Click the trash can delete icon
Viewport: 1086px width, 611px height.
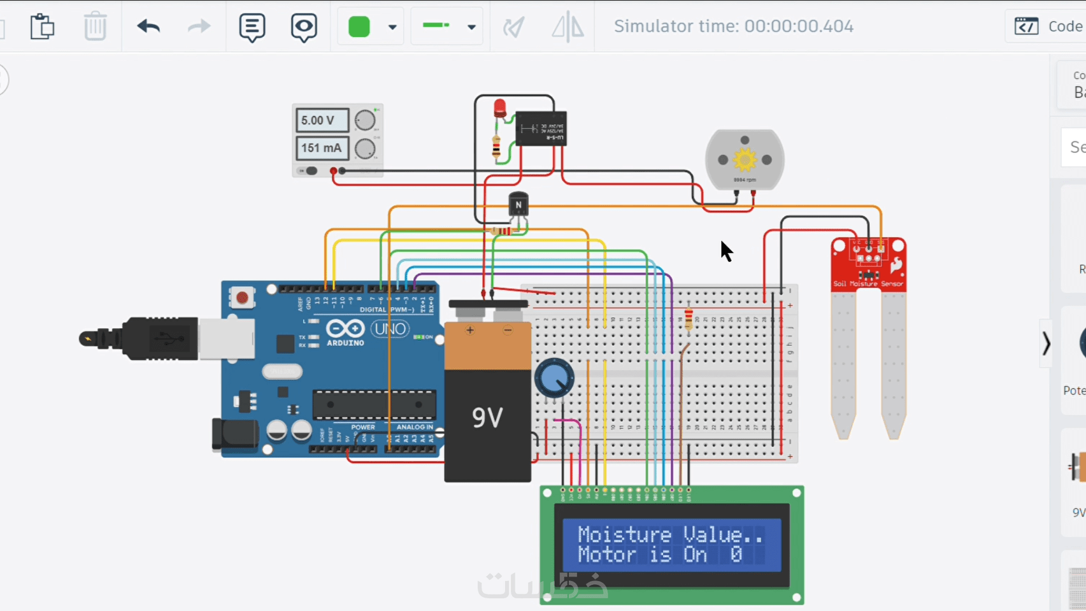(95, 26)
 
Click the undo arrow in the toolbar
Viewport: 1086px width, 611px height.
(148, 26)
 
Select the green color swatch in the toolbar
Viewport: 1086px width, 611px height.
(359, 27)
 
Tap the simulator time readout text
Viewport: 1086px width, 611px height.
(733, 26)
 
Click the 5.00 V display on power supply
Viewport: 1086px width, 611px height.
(322, 120)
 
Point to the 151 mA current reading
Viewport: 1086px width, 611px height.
(322, 148)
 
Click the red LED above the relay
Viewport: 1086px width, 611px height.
(500, 108)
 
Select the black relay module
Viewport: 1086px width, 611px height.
(541, 129)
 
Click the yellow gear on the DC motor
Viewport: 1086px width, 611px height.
(745, 159)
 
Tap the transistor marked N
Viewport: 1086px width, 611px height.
(518, 205)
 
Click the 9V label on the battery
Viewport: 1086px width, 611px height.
(487, 417)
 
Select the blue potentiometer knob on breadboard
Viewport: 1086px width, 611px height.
(554, 378)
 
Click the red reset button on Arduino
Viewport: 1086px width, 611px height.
(242, 298)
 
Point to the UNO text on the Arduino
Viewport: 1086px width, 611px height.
(390, 329)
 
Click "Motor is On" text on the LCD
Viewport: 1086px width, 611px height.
(642, 555)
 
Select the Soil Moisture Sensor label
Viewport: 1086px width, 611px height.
(868, 284)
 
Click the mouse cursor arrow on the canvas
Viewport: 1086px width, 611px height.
(726, 250)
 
